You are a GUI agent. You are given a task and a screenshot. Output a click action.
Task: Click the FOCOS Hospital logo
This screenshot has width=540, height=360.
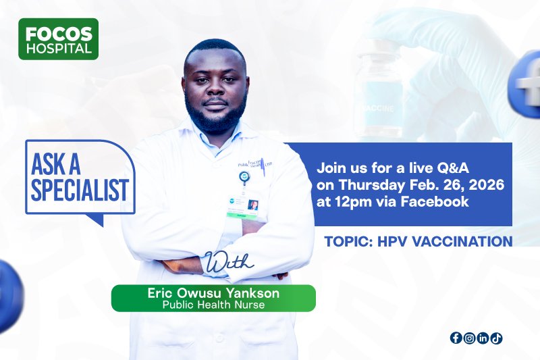(58, 38)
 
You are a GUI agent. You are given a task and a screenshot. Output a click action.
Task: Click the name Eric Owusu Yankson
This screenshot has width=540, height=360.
(213, 294)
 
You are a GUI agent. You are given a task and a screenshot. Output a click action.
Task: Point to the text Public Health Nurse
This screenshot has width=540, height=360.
(213, 305)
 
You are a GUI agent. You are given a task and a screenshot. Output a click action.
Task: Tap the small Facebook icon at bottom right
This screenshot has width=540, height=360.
(456, 338)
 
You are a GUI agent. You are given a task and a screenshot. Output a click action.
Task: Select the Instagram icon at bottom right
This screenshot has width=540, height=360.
(469, 338)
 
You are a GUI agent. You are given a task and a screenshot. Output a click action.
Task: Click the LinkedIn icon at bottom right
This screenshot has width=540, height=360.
(483, 338)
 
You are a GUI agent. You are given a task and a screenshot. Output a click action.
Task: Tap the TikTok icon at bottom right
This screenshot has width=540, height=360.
(496, 338)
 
